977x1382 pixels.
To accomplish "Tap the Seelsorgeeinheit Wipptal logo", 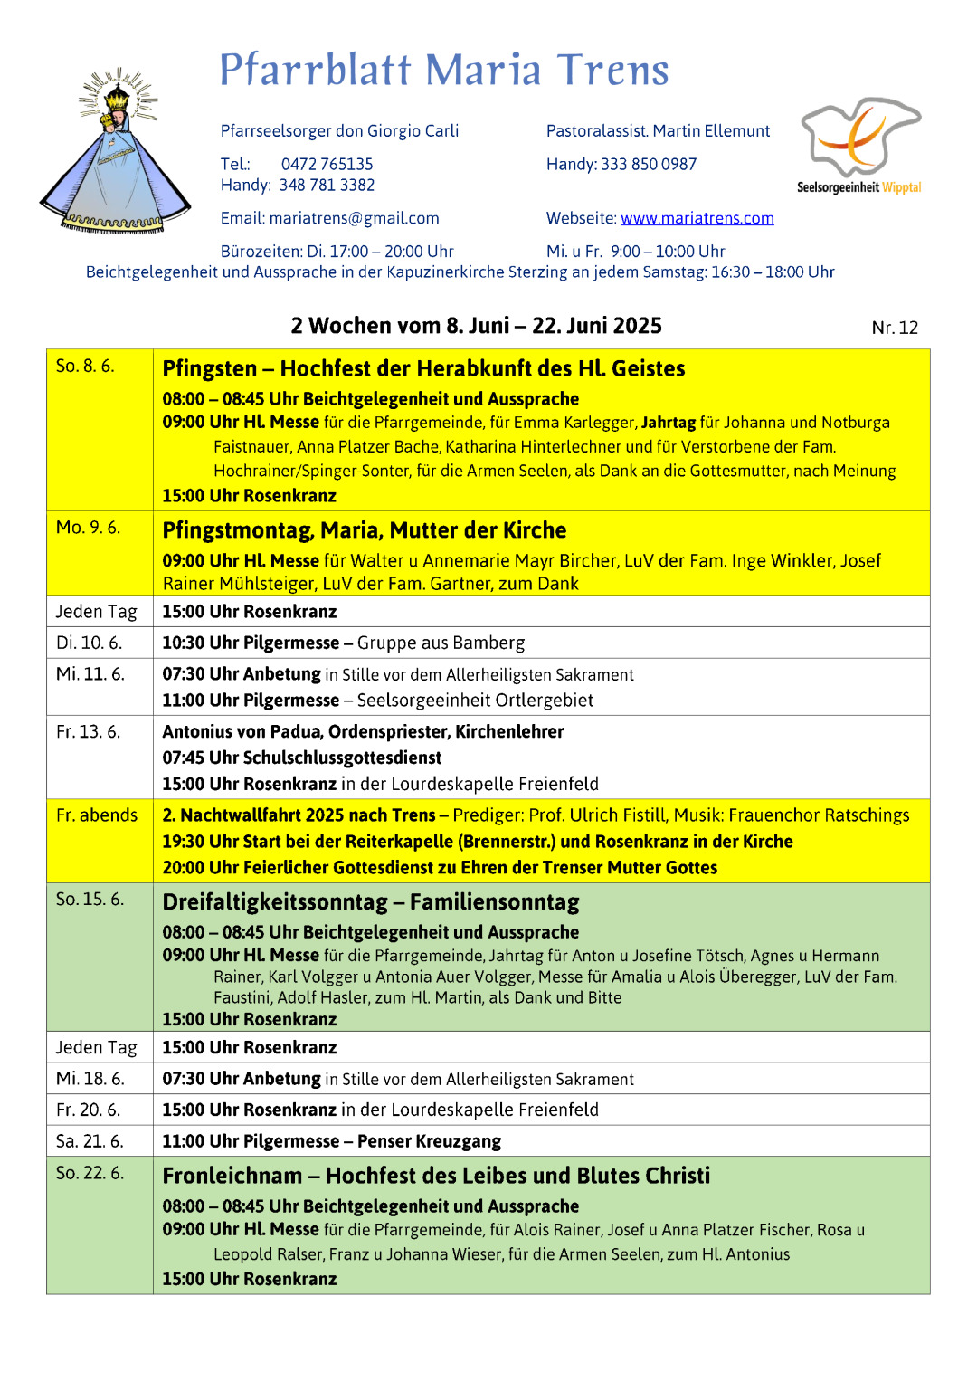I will pos(859,145).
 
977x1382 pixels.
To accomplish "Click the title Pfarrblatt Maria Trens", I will pos(443,71).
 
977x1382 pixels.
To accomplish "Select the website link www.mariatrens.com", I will pos(697,218).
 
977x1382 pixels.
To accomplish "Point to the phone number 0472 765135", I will pos(327,164).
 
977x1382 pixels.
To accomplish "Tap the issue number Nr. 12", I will pos(894,328).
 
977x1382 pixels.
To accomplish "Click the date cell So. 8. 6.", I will pos(85,366).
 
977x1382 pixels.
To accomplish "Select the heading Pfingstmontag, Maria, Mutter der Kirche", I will pos(364,530).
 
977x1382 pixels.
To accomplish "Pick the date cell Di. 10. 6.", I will pos(89,643).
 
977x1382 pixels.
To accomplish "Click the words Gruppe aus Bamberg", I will pos(441,643).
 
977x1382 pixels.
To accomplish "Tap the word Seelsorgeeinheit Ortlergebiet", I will pos(475,700).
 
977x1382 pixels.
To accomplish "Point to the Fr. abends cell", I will pos(97,815).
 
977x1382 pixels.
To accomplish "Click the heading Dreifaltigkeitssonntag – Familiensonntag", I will pos(371,902).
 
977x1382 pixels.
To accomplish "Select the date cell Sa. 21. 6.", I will pos(90,1140).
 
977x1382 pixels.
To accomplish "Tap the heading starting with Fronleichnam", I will pos(436,1176).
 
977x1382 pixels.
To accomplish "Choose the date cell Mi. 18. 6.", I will pos(90,1078).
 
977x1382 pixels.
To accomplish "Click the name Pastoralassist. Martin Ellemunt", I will pos(658,131).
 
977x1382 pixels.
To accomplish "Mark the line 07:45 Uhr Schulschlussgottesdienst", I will pos(302,758).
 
